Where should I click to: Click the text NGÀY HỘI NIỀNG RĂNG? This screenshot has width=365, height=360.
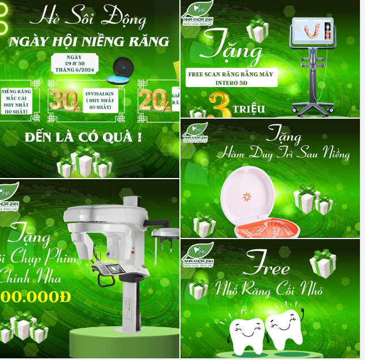point(88,41)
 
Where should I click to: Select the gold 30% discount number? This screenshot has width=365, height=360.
point(63,100)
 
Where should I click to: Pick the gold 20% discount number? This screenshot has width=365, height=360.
point(152,100)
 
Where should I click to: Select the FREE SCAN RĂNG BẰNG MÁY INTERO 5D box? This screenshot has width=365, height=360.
point(231,77)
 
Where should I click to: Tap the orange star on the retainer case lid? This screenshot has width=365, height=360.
point(247,197)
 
